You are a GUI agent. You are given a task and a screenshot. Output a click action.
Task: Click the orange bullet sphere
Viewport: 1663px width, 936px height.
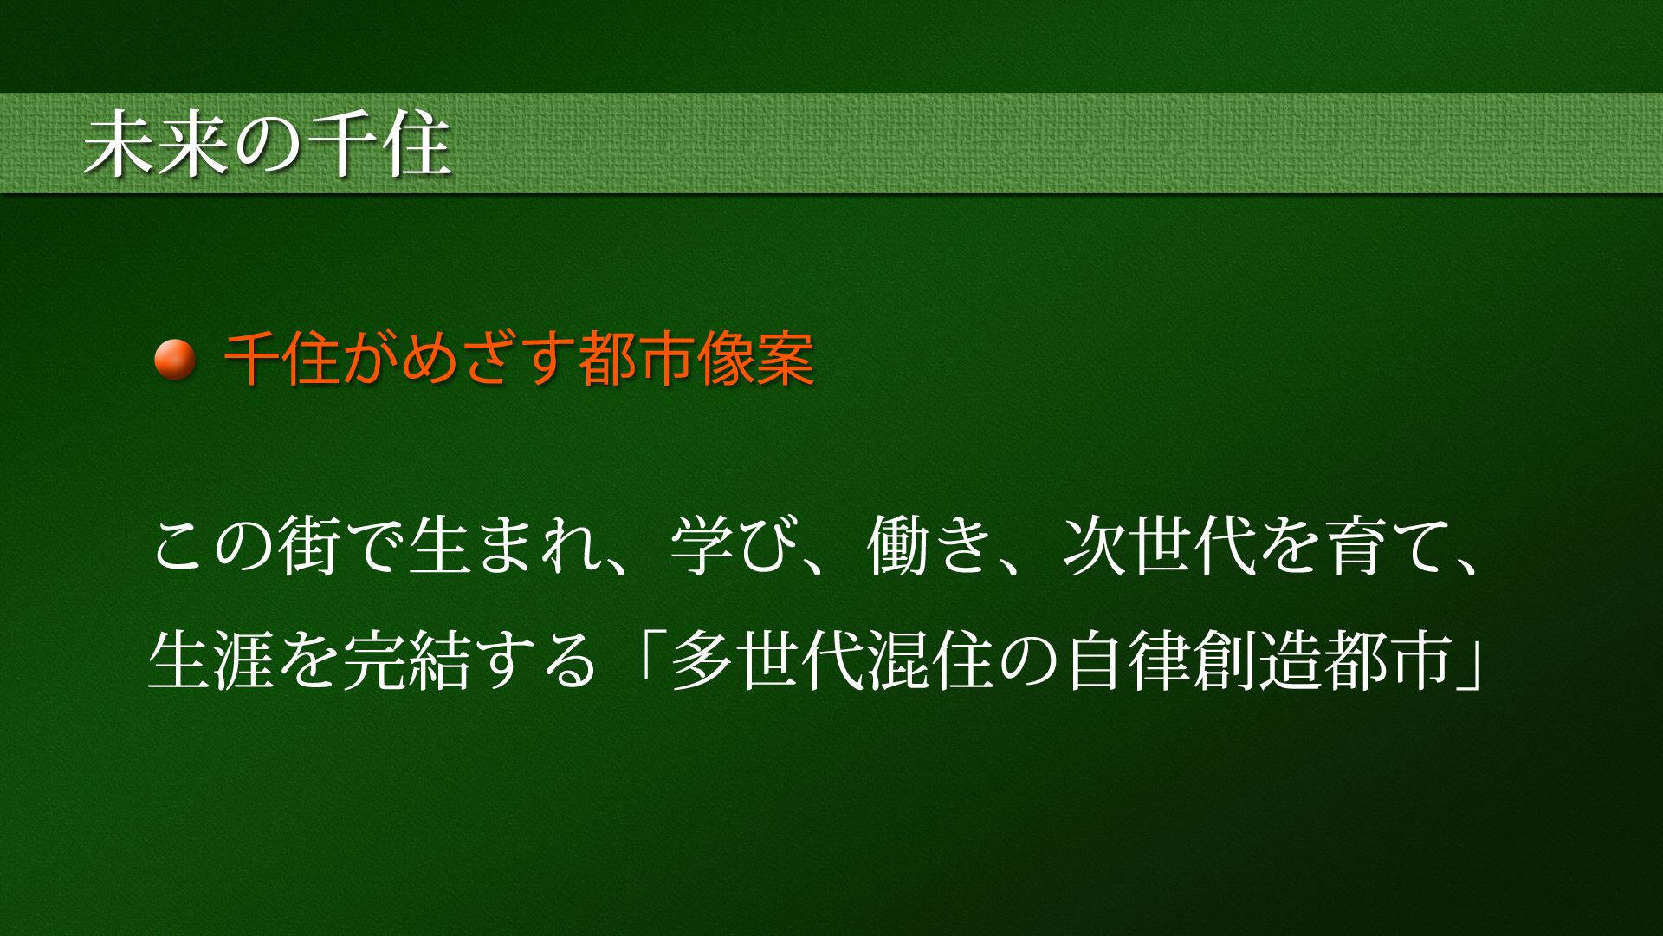(174, 359)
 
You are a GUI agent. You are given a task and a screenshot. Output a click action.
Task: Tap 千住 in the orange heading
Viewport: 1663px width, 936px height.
(282, 358)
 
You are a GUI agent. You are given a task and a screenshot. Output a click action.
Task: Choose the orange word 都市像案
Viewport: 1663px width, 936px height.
(697, 358)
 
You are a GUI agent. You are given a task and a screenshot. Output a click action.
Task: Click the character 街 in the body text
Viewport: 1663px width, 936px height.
(309, 546)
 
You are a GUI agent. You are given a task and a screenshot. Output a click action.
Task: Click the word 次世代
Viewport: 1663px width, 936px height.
(1160, 546)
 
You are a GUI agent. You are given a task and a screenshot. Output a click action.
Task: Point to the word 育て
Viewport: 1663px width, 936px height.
(1388, 546)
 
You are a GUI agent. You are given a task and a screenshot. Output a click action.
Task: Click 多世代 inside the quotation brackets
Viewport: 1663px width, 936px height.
(767, 660)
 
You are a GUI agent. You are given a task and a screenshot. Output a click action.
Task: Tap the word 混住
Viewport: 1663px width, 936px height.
(930, 660)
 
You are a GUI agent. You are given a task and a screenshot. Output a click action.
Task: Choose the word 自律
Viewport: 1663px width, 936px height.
(1128, 660)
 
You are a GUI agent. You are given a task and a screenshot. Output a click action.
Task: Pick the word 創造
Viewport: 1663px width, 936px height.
(1258, 660)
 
